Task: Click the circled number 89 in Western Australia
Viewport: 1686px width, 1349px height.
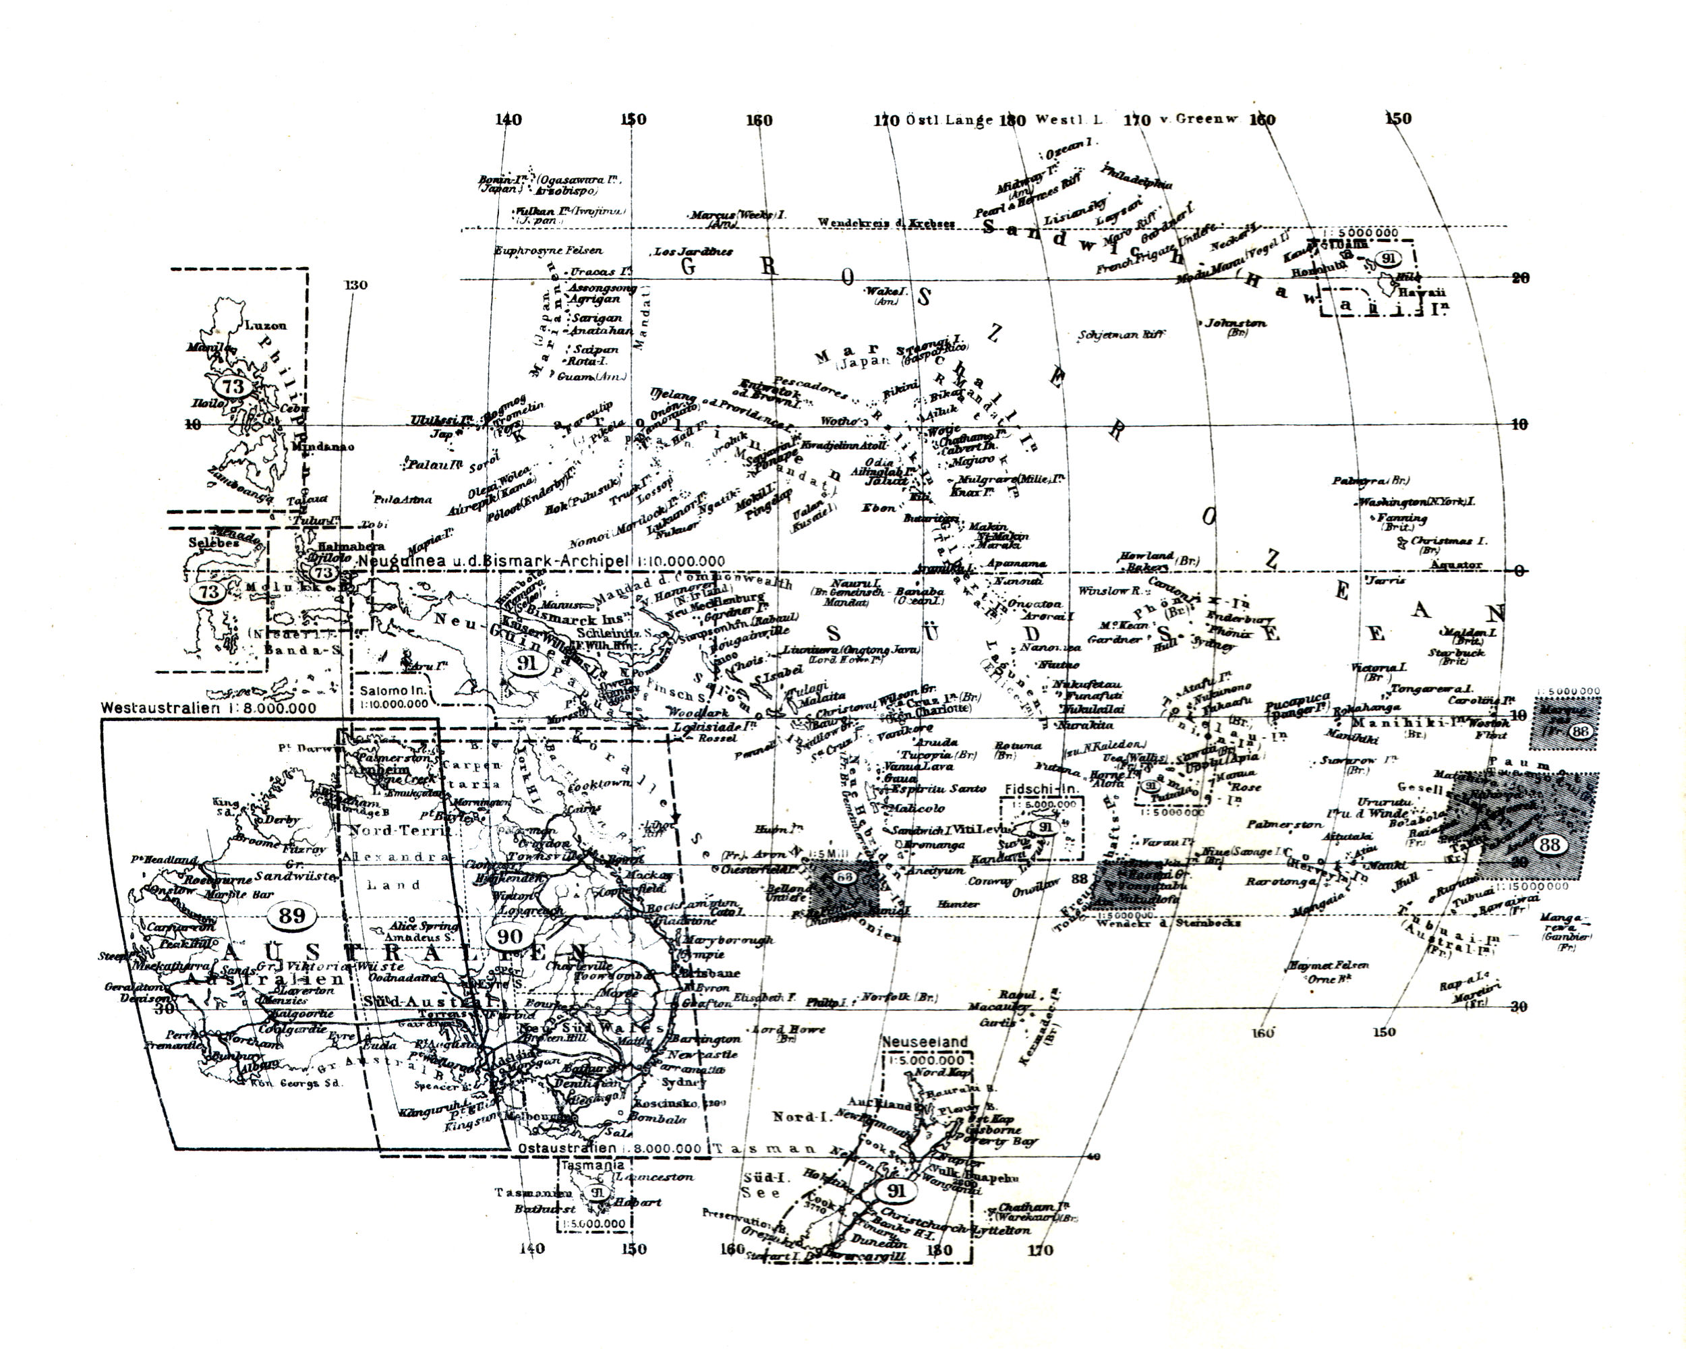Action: (292, 915)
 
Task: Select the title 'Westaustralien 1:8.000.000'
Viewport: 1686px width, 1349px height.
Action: (209, 708)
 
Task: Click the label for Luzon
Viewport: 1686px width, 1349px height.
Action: (266, 325)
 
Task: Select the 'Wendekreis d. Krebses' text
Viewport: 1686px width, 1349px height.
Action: (886, 223)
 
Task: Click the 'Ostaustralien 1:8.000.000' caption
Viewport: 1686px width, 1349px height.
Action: (610, 1148)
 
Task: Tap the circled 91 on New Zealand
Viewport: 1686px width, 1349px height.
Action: (896, 1191)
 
